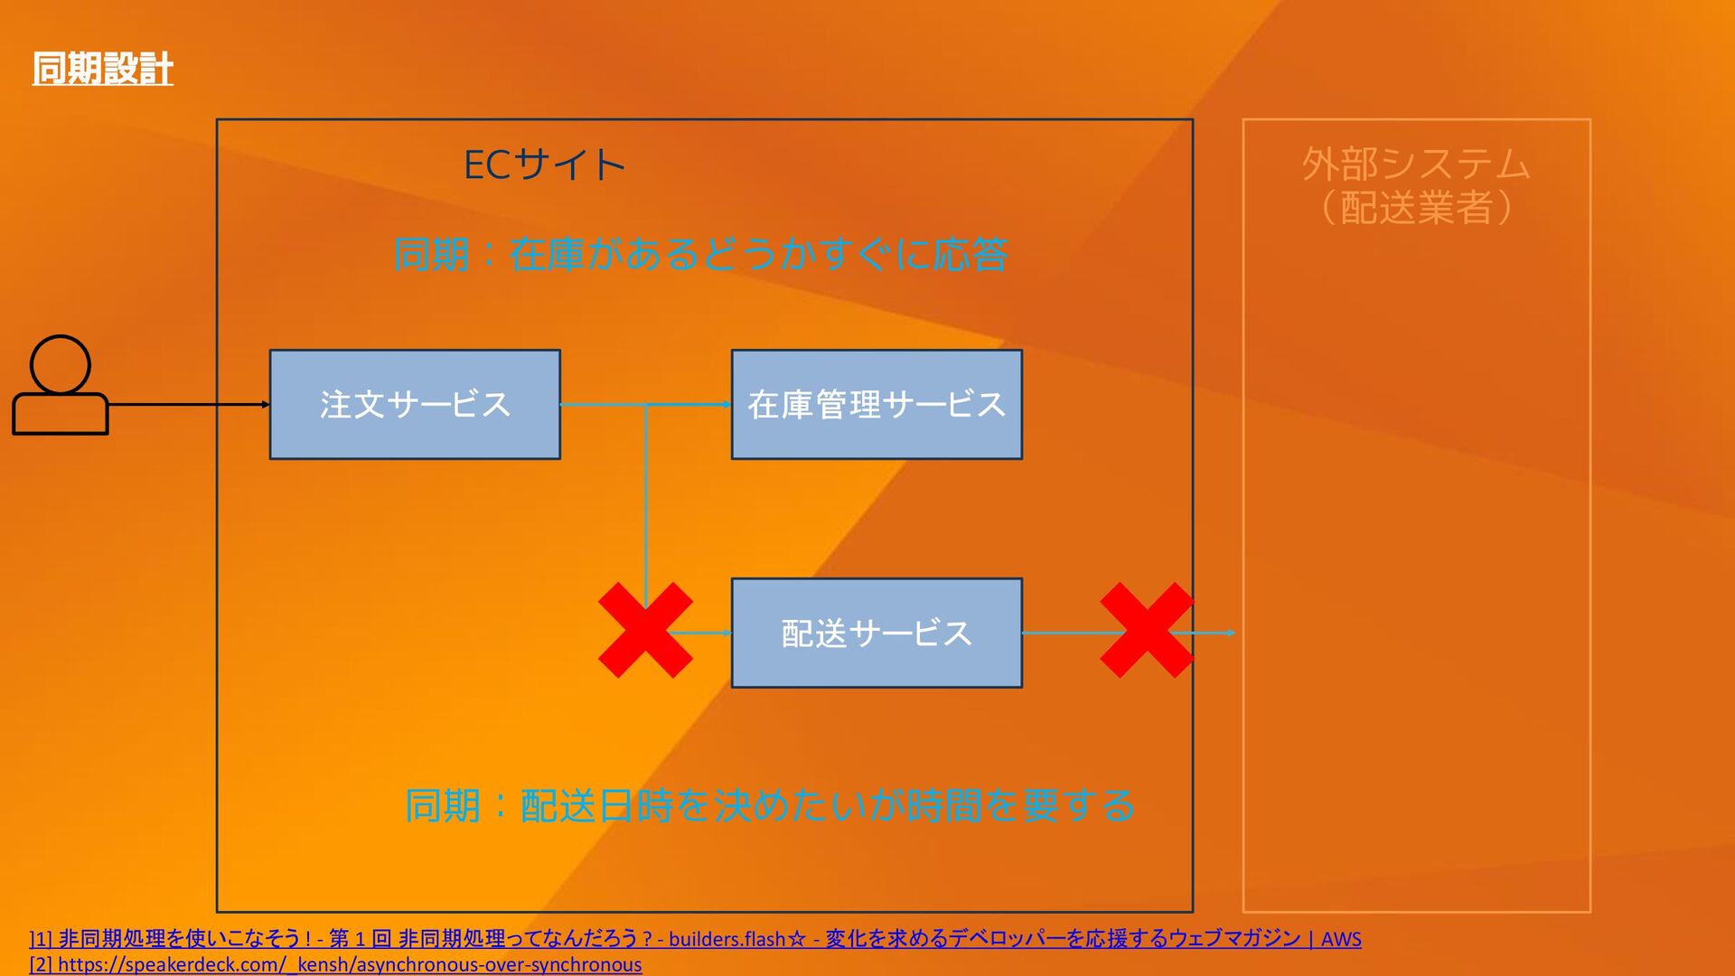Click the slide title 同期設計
coord(102,69)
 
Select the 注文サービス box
coord(415,405)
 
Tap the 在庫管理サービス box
coord(877,405)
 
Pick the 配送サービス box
coord(877,633)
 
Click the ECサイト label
coord(544,165)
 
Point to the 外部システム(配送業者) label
coord(1416,185)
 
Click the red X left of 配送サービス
coord(645,630)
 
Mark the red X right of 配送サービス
coord(1147,630)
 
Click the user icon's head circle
coord(61,364)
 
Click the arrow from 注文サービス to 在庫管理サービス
coord(687,404)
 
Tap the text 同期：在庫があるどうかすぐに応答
coord(700,255)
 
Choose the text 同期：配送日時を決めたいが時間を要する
coord(769,805)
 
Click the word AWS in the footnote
coord(1341,939)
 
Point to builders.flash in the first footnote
coord(727,939)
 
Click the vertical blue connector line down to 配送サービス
coord(645,506)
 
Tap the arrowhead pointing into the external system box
coord(1231,633)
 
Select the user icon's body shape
coord(61,414)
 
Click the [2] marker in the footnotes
coord(41,964)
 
